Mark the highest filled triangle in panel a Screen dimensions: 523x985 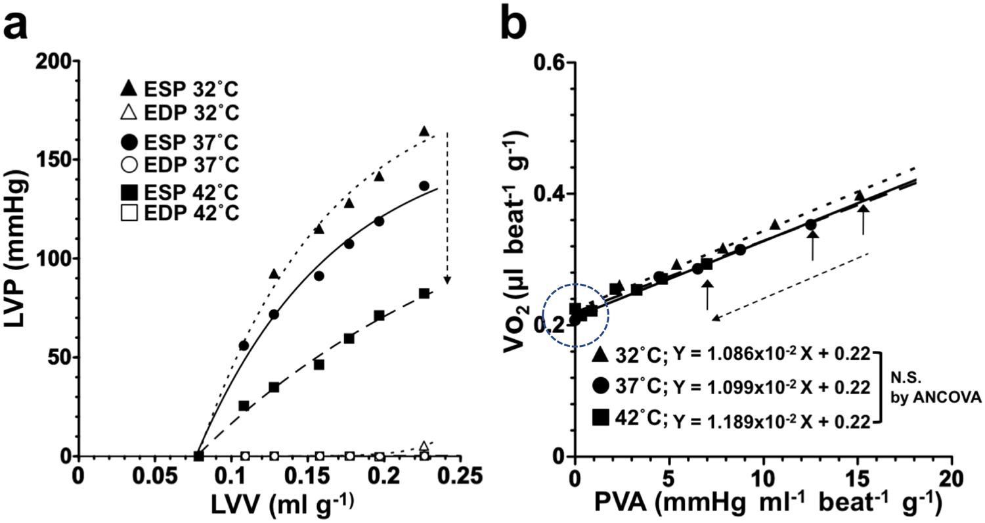click(x=424, y=131)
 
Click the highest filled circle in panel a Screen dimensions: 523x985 click(x=424, y=186)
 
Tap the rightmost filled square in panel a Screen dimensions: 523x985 click(x=424, y=294)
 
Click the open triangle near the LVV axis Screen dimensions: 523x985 click(x=424, y=446)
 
